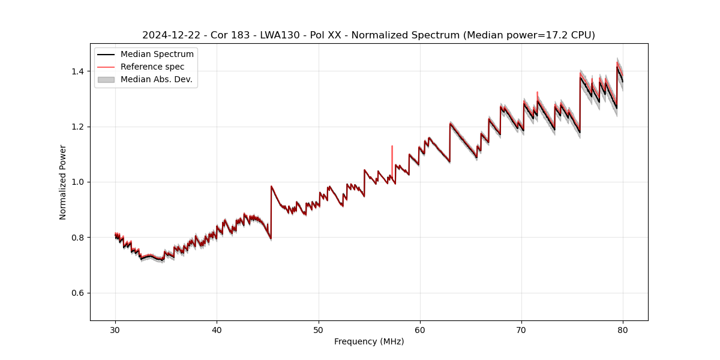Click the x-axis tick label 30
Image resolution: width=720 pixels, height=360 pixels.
point(115,329)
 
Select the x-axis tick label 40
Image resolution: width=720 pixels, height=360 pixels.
point(217,329)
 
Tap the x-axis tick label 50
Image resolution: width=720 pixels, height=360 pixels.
point(319,329)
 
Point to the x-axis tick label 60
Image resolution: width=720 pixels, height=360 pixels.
point(420,329)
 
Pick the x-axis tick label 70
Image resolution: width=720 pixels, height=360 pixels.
point(521,329)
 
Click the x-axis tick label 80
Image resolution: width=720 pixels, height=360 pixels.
point(623,329)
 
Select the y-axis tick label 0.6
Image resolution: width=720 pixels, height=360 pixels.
point(78,293)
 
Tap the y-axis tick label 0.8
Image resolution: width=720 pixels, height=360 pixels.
point(78,238)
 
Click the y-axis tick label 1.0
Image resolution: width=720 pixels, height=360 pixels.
point(78,182)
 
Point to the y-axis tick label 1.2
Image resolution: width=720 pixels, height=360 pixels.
point(78,127)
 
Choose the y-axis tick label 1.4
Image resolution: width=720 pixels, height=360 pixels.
point(78,71)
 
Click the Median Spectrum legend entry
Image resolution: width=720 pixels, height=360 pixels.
point(157,55)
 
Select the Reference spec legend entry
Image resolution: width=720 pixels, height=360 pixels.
point(152,67)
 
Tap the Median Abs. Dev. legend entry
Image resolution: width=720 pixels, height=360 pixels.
point(156,79)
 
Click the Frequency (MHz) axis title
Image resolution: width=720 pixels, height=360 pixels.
point(369,341)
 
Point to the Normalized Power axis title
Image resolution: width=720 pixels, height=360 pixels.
point(62,182)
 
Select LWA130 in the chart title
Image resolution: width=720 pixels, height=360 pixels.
point(280,35)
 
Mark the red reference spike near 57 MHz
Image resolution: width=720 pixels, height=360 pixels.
point(392,156)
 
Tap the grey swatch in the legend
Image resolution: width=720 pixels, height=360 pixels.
point(106,79)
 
